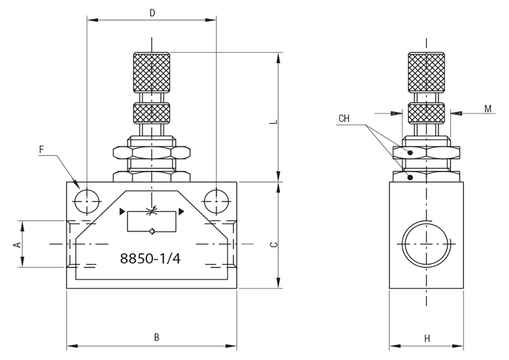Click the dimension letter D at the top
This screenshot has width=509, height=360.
point(152,13)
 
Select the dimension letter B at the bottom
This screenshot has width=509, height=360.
point(157,337)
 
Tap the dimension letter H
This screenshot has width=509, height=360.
point(427,339)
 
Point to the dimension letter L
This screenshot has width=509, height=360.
point(274,122)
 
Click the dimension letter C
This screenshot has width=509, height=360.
point(274,245)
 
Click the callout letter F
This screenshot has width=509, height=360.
point(42,149)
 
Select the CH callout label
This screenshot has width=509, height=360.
point(344,118)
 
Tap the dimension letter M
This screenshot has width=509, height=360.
point(488,109)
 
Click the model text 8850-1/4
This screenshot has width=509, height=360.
point(150,259)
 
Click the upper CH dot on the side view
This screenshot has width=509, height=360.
point(410,152)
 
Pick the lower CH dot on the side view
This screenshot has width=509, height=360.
point(410,177)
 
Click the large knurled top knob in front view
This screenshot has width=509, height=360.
point(151,73)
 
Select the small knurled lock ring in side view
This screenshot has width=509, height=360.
point(426,113)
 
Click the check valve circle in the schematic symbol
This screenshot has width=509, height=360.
point(152,232)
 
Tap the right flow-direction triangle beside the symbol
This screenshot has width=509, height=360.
point(181,211)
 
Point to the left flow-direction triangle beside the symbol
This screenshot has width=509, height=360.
point(122,211)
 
